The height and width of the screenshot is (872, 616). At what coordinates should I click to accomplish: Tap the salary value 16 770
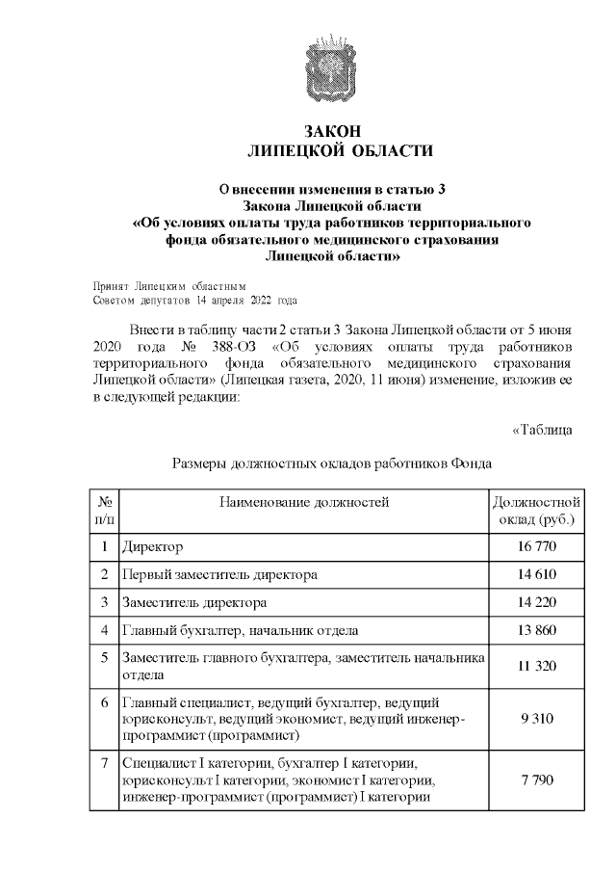[536, 548]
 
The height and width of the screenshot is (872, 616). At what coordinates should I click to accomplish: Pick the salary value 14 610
[536, 575]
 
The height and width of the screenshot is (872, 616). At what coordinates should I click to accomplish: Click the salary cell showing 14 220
[536, 603]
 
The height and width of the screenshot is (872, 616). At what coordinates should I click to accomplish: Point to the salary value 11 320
[536, 666]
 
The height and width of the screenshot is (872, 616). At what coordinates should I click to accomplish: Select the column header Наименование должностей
[303, 502]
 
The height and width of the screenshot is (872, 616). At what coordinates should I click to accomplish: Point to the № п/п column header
[104, 511]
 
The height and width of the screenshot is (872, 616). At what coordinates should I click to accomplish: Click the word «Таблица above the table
[543, 430]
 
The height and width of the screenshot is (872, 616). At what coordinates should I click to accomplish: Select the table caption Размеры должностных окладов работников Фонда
[332, 462]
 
